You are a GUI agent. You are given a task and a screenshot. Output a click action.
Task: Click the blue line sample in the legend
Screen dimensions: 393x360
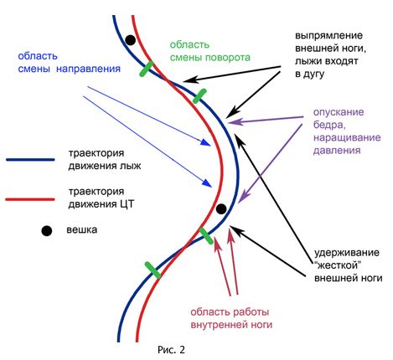point(30,160)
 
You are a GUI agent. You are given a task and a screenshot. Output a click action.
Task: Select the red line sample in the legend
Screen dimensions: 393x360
point(30,199)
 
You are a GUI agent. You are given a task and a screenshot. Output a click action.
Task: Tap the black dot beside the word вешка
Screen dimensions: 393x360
point(47,231)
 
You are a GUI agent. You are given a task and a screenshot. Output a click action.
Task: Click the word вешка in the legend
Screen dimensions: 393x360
point(82,229)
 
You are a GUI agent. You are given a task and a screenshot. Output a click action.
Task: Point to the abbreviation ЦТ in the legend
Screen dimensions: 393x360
point(127,204)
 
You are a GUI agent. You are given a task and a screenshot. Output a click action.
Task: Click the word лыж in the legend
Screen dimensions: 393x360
point(131,166)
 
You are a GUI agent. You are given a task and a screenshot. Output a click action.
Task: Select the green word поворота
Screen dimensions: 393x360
point(228,58)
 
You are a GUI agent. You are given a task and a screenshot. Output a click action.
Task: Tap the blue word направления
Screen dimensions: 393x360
point(88,69)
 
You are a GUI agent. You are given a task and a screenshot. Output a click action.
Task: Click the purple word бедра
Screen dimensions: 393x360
point(329,125)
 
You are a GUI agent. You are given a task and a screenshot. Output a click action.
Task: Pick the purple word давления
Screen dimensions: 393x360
point(337,150)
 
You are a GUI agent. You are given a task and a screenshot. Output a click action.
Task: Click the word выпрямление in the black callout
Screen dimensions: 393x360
point(329,36)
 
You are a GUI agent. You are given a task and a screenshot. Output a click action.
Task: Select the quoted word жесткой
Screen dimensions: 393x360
point(336,265)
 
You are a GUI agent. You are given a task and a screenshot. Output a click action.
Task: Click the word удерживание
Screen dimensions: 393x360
point(347,253)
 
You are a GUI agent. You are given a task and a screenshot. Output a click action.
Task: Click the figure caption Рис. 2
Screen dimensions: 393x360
point(171,349)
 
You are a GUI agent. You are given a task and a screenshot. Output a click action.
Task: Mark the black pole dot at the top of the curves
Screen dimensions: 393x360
point(130,40)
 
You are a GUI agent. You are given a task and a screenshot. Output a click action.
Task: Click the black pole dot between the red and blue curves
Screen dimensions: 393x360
point(221,208)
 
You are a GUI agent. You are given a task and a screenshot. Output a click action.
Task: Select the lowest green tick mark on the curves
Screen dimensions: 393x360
point(153,270)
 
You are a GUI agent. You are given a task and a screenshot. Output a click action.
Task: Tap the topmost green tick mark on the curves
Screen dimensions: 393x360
point(147,69)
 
